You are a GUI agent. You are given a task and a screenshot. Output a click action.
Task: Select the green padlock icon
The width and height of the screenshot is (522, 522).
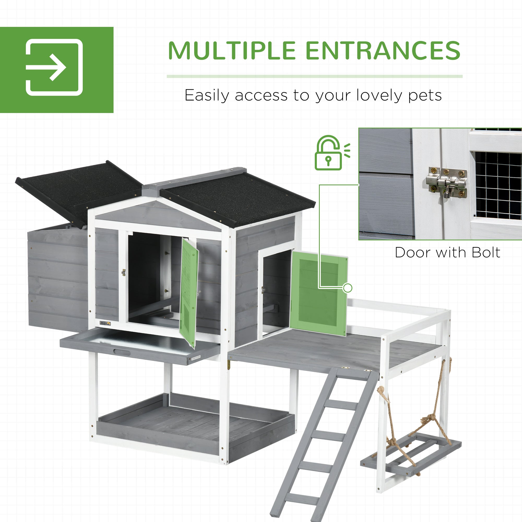[x=332, y=153]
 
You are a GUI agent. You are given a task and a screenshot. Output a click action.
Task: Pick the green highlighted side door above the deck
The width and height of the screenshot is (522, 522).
[x=319, y=293]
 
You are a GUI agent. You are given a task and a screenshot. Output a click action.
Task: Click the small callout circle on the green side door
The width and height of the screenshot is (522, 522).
[x=347, y=288]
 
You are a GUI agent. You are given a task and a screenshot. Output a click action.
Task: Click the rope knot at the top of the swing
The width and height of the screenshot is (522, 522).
[x=381, y=390]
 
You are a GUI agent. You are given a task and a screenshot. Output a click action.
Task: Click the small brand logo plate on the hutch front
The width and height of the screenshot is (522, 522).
[x=105, y=323]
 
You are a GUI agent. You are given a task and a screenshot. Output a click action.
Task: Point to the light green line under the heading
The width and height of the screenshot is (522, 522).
[x=315, y=76]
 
